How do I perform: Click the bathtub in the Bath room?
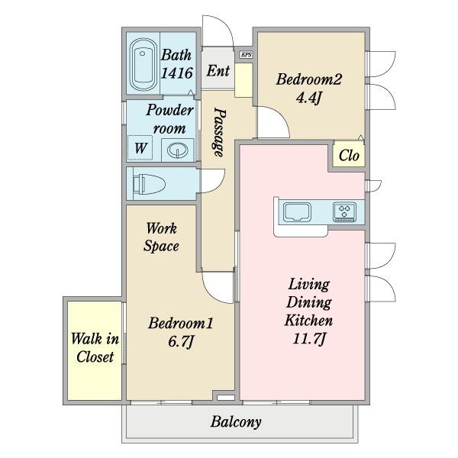point(142,65)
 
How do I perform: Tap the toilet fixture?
point(149,184)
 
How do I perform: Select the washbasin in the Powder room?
point(177,150)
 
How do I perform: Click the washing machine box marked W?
point(140,148)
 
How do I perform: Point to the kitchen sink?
point(298,211)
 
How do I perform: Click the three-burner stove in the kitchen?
point(345,211)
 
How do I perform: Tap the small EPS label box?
point(246,54)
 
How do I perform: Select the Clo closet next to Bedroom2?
point(349,154)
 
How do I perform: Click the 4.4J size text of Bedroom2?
point(308,98)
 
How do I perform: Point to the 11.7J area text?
point(308,339)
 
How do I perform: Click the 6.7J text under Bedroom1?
point(181,341)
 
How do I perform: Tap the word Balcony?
point(236,422)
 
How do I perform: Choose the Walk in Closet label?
point(95,348)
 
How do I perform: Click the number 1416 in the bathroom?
point(177,73)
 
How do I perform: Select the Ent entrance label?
point(218,71)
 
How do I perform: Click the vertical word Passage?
point(219,133)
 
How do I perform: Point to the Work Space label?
point(161,237)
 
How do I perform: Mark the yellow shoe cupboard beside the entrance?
point(244,81)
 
